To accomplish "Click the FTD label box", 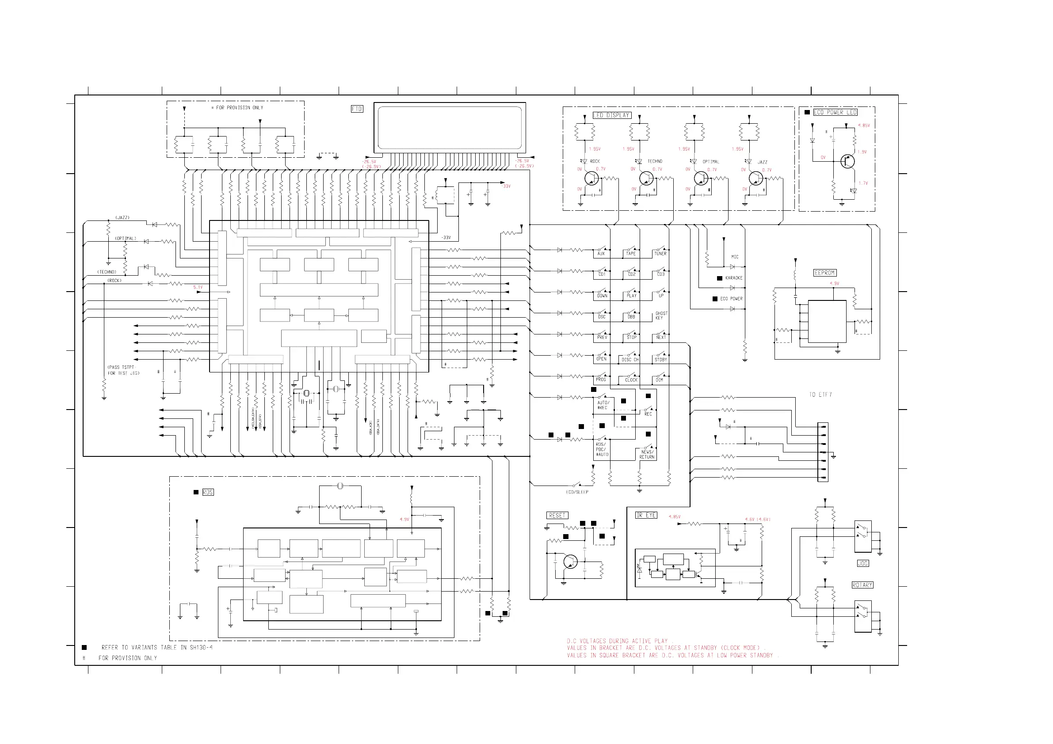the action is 357,109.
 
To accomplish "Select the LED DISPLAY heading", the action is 612,115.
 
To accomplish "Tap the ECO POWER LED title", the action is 835,112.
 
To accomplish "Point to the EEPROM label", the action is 824,273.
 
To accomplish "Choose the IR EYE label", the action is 646,515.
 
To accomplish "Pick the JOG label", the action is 862,563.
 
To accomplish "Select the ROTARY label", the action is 862,585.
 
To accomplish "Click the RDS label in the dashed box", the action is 208,492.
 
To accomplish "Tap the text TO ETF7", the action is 820,395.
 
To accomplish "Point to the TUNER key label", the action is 660,254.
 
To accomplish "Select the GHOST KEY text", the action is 661,315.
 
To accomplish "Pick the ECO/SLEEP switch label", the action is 577,492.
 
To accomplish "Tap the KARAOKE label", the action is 734,278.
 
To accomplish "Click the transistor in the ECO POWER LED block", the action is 847,161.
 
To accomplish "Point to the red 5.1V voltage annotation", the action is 198,288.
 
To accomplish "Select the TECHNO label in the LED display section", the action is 655,161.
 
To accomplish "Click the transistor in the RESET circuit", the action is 570,562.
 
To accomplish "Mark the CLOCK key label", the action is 632,380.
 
